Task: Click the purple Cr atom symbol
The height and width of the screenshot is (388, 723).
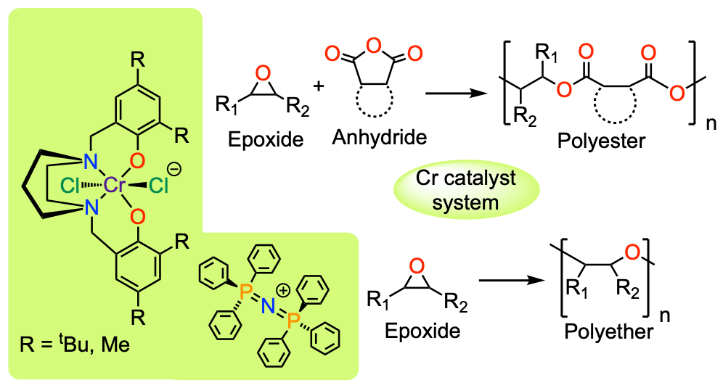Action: pyautogui.click(x=115, y=185)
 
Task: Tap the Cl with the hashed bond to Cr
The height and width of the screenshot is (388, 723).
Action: pyautogui.click(x=70, y=186)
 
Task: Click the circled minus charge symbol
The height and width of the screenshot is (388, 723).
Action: pyautogui.click(x=174, y=170)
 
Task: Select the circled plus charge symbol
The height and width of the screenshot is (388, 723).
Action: pyautogui.click(x=283, y=290)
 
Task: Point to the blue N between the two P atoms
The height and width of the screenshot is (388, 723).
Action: pyautogui.click(x=269, y=305)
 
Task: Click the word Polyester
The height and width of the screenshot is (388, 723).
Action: pyautogui.click(x=601, y=141)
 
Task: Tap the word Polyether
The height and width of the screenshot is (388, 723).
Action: pyautogui.click(x=608, y=331)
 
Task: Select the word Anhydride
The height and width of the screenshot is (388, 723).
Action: pyautogui.click(x=380, y=137)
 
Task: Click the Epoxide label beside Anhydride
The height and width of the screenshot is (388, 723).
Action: pyautogui.click(x=266, y=139)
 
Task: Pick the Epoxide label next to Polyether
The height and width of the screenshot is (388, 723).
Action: pyautogui.click(x=422, y=331)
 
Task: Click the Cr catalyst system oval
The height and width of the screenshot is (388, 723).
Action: pyautogui.click(x=466, y=190)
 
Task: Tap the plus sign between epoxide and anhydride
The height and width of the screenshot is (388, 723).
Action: pyautogui.click(x=318, y=86)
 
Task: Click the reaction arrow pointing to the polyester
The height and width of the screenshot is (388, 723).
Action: pyautogui.click(x=457, y=94)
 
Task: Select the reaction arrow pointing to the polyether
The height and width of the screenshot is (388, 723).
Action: pyautogui.click(x=512, y=280)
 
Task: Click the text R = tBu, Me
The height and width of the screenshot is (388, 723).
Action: pyautogui.click(x=75, y=344)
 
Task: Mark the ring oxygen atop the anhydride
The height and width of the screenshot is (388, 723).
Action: pyautogui.click(x=374, y=46)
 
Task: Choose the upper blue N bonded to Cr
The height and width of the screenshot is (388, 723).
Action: pyautogui.click(x=91, y=162)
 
